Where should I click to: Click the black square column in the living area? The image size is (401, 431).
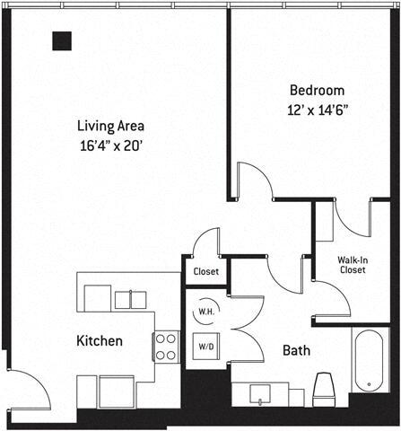click(x=61, y=40)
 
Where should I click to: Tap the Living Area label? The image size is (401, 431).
click(x=110, y=126)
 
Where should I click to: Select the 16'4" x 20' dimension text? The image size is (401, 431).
click(x=110, y=144)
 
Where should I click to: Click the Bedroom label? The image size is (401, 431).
click(x=318, y=91)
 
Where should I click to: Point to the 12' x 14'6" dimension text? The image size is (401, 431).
click(x=318, y=110)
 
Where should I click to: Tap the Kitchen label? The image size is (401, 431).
click(x=100, y=341)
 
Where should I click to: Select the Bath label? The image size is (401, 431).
click(x=297, y=350)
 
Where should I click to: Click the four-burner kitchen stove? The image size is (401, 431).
click(x=167, y=346)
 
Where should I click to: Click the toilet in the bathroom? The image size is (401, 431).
click(x=324, y=389)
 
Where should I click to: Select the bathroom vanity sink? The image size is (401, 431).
click(x=261, y=392)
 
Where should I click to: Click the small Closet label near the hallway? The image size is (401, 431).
click(x=205, y=271)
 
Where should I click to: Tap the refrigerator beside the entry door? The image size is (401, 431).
click(x=116, y=391)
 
